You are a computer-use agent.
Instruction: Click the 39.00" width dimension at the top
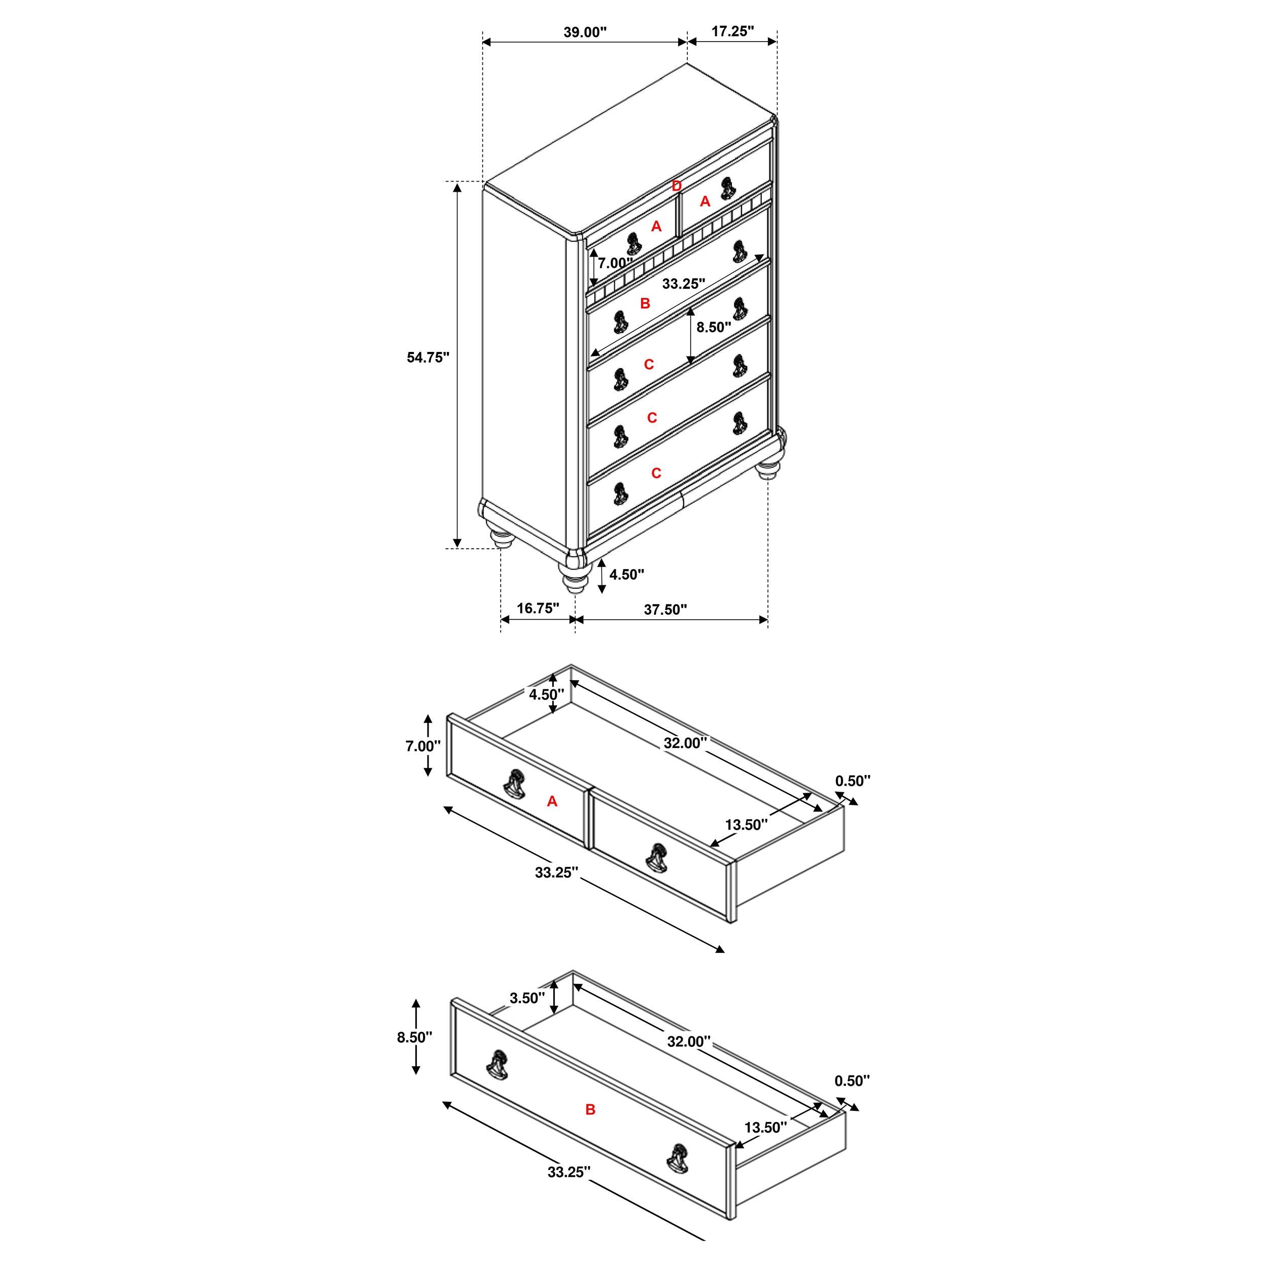pos(585,32)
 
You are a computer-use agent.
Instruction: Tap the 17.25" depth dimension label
pos(732,31)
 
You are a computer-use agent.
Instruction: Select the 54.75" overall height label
pos(428,357)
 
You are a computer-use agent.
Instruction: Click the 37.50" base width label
pos(665,609)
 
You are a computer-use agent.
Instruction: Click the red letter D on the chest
pos(677,186)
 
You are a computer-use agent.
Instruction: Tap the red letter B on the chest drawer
pos(645,303)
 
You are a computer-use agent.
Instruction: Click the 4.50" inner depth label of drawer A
pos(546,694)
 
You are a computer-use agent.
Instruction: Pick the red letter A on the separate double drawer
pos(552,801)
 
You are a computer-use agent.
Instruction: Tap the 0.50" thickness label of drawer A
pos(853,781)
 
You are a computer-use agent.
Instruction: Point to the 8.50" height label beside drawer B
pos(414,1037)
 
